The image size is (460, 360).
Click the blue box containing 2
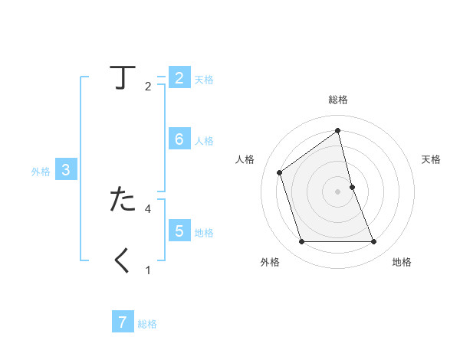179,78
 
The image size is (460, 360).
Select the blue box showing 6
179,139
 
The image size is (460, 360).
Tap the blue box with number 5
179,231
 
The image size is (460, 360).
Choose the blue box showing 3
66,170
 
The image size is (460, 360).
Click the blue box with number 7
123,322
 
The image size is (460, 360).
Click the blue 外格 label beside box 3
41,172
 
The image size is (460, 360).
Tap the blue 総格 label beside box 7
147,324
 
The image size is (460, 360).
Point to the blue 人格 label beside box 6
204,141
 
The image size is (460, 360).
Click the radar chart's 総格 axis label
338,100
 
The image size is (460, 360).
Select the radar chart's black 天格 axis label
431,159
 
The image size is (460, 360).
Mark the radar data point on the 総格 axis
338,130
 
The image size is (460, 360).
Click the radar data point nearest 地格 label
374,242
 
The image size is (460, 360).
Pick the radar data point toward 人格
279,172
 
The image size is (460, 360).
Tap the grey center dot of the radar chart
338,191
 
